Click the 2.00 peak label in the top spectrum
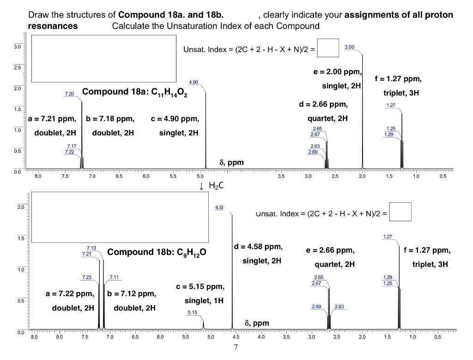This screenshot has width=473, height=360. tap(350, 47)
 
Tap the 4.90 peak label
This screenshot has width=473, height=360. tap(194, 82)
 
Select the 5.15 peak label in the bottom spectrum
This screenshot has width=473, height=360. tap(192, 313)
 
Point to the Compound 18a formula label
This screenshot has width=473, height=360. tap(137, 91)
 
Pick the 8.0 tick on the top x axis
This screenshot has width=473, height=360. tap(38, 176)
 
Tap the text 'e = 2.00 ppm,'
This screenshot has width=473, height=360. tap(338, 73)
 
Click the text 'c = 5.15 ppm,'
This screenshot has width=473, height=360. tap(201, 287)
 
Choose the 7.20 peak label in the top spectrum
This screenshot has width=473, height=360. tap(69, 94)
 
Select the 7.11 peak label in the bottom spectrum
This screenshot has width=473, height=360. tap(114, 277)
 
